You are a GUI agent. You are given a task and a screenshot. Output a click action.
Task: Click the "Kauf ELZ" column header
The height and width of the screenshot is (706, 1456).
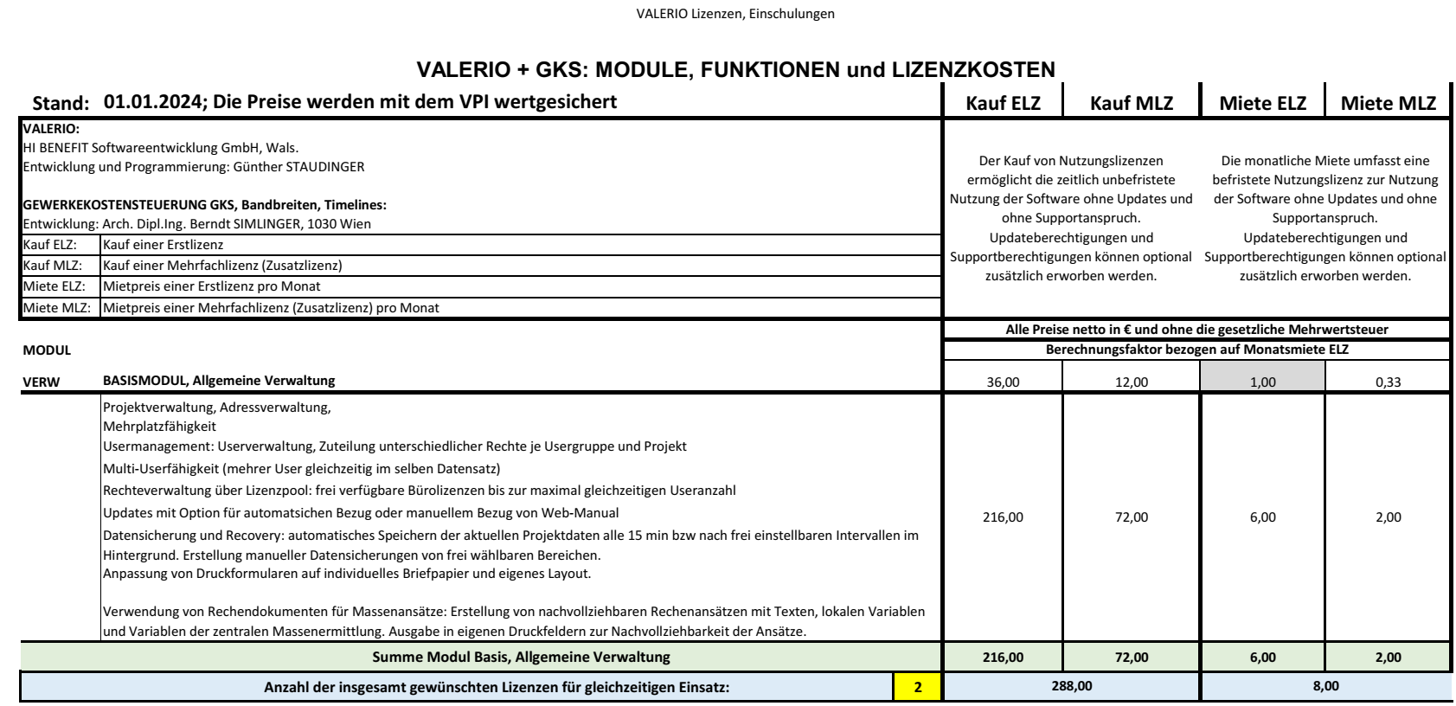coord(1003,104)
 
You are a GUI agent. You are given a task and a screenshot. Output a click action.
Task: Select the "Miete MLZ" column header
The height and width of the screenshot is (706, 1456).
coord(1388,104)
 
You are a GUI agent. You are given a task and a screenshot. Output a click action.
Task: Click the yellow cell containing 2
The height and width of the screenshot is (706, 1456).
coord(917,688)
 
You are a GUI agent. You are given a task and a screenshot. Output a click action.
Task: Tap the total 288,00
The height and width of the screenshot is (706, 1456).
coord(1071,686)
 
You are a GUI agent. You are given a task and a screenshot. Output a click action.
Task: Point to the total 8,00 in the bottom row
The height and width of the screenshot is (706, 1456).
coord(1325,686)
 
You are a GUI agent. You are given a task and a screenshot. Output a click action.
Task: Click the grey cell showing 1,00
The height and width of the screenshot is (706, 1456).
coord(1262,382)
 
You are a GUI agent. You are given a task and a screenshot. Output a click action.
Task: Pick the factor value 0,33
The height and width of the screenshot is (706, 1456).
coord(1388,382)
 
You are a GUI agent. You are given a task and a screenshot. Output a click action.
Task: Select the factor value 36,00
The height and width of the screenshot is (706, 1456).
coord(1003,382)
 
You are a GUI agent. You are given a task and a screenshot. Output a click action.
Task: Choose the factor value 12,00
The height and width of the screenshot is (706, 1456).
coord(1131,382)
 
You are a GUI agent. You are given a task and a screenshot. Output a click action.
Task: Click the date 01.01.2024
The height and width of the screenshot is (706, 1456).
coord(152,102)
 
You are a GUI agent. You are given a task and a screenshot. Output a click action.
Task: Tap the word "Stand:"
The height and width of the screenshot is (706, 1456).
coord(61,104)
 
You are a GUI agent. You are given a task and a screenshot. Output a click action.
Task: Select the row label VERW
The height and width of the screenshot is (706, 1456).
coord(42,382)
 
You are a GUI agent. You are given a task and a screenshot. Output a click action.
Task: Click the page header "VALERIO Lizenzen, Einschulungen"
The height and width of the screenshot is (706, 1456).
coord(734,14)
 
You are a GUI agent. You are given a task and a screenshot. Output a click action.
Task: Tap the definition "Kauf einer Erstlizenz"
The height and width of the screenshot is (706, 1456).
coord(163,245)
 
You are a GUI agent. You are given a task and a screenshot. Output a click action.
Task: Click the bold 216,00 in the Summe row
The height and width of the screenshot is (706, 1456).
coord(1003,658)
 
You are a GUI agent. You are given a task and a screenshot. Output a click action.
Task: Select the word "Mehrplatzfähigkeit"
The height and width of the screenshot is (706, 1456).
coord(159,427)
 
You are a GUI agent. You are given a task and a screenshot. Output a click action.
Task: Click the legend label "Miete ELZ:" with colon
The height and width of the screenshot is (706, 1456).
coord(55,286)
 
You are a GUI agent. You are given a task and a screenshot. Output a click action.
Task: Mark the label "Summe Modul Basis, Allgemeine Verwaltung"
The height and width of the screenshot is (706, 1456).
coord(521,658)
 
